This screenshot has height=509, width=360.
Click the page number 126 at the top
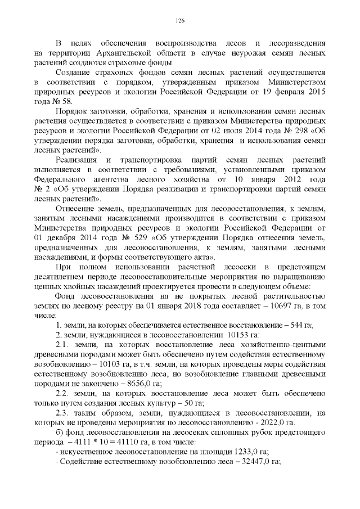tap(180, 21)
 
